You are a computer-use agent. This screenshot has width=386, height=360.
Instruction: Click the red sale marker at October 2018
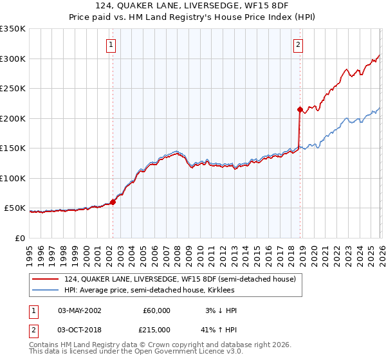tap(300, 110)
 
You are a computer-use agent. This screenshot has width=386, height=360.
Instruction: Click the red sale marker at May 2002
tap(113, 202)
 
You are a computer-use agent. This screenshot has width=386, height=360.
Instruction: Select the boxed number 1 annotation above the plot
tap(111, 45)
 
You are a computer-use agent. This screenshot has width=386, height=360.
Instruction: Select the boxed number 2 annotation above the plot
tap(299, 45)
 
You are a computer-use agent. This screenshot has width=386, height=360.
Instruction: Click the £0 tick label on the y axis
tap(19, 238)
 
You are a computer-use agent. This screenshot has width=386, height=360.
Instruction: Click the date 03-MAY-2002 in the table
tap(80, 310)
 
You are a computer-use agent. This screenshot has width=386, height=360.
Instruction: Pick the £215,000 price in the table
tap(156, 328)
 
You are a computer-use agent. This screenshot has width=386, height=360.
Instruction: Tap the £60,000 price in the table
tap(156, 310)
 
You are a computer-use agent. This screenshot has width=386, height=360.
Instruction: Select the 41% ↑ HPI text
tap(219, 328)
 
